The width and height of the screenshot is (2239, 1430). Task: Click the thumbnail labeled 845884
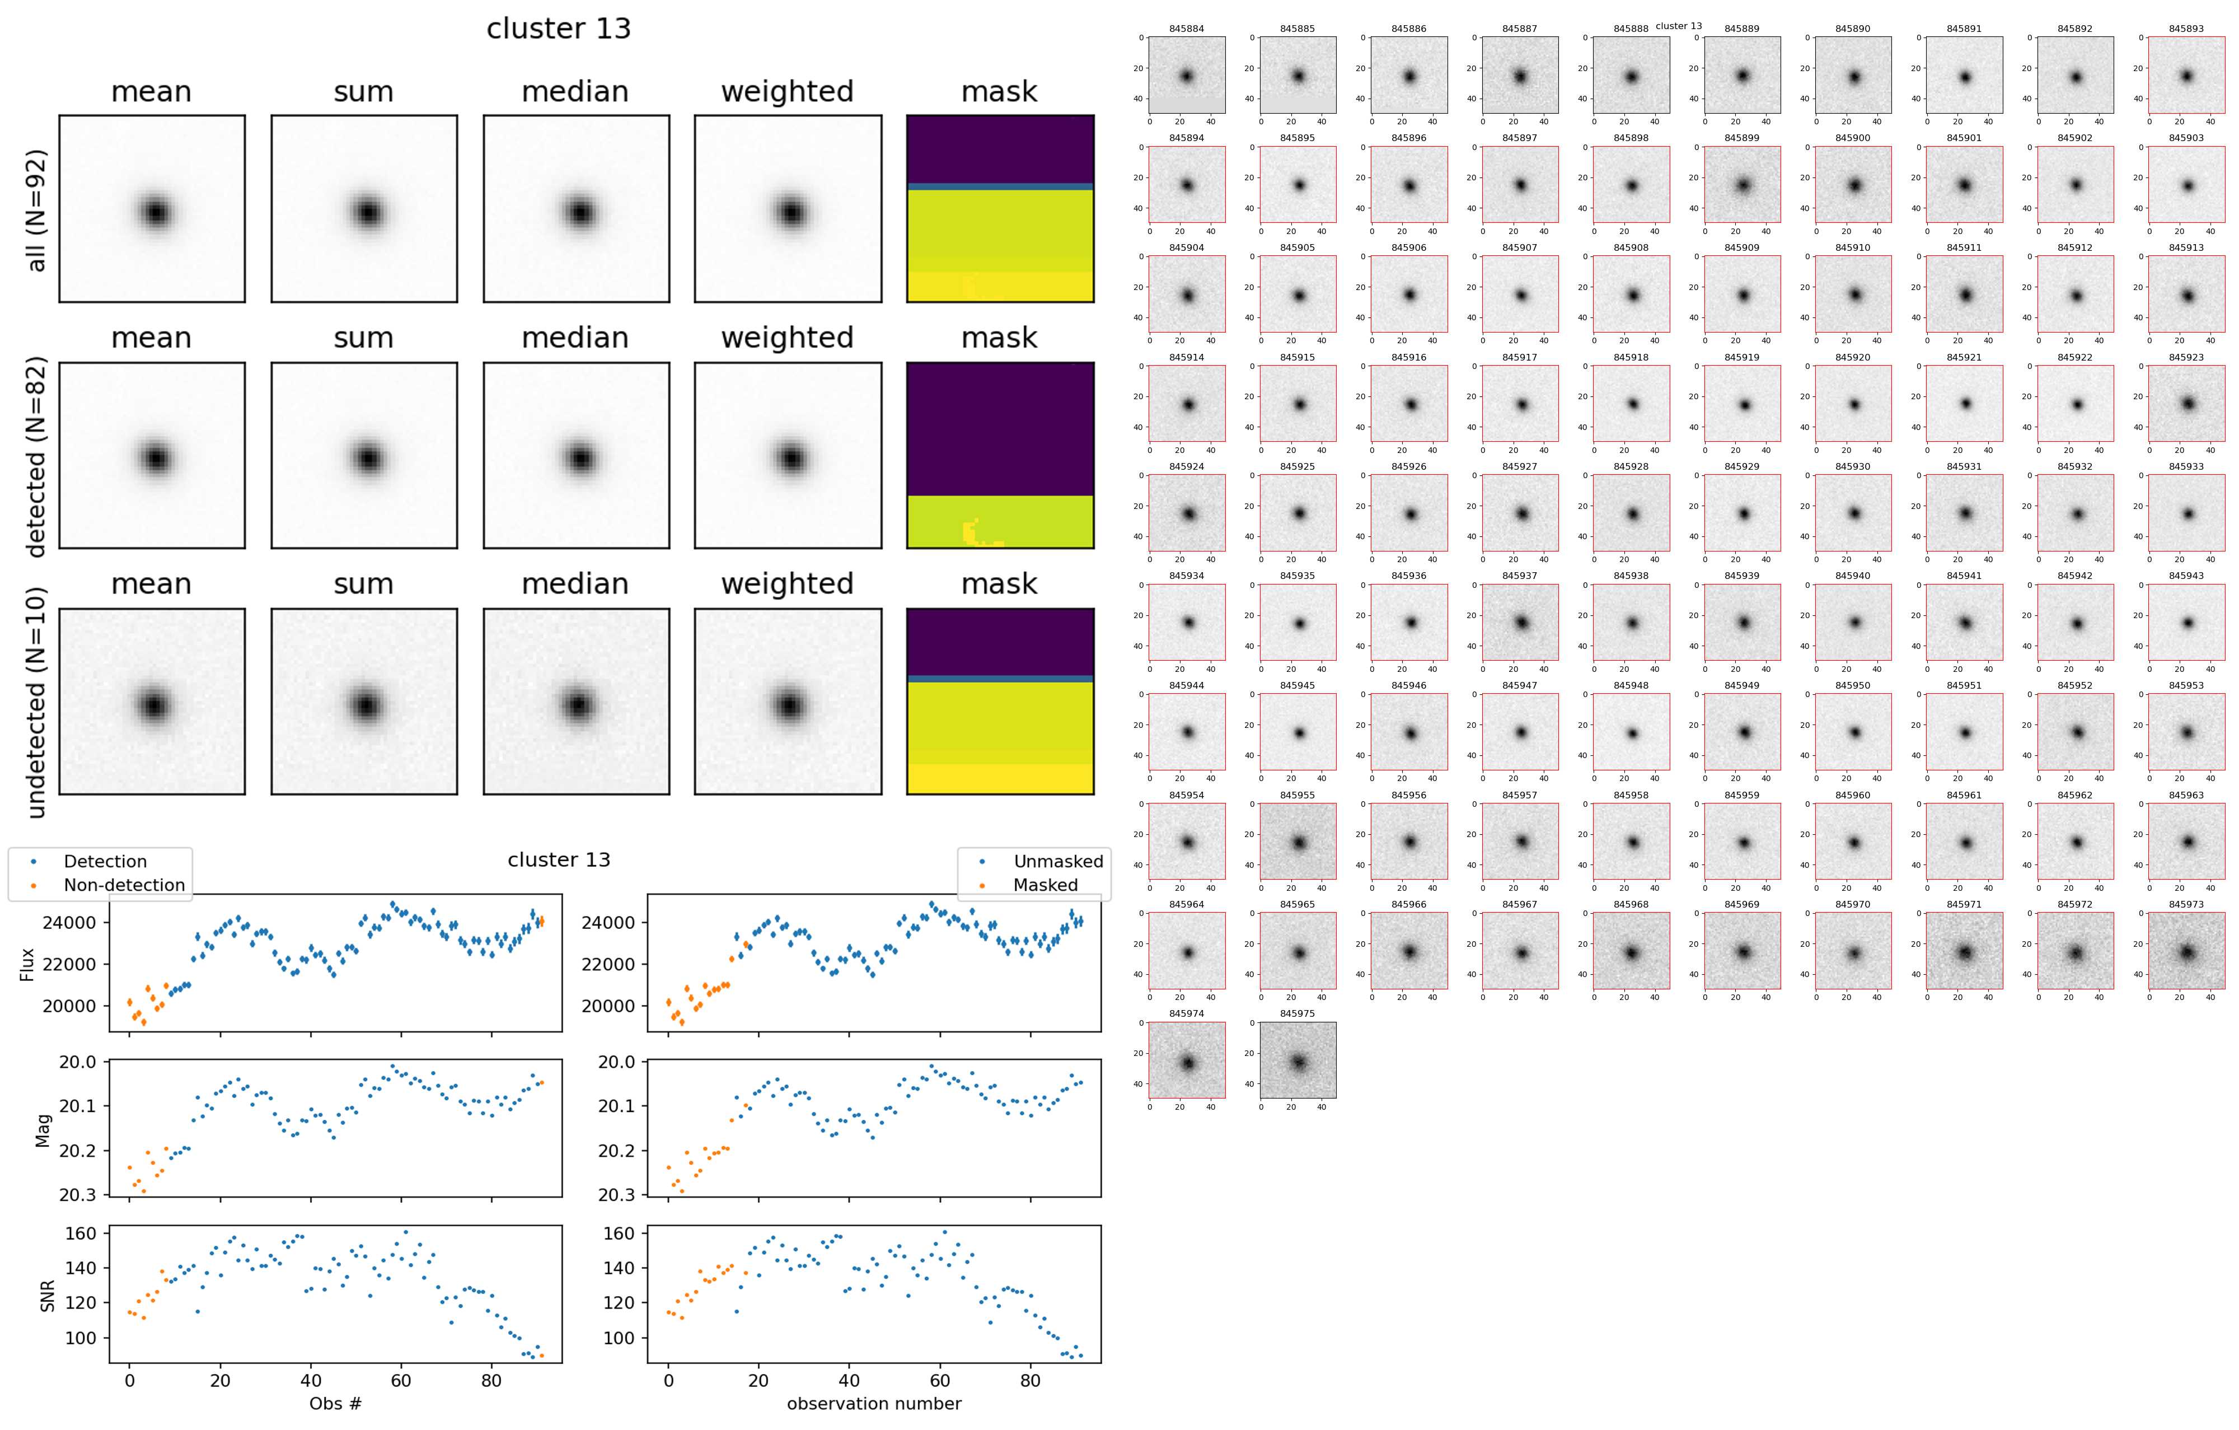pos(1187,76)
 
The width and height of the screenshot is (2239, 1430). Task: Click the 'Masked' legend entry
pos(1045,885)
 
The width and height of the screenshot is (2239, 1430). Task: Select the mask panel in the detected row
pos(1000,456)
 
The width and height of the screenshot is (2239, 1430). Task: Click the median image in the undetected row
pos(575,702)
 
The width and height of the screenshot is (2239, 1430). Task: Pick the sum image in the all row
pos(364,209)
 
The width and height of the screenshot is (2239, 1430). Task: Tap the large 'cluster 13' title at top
pos(559,29)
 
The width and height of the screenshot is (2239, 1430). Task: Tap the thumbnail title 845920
pos(1852,358)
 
